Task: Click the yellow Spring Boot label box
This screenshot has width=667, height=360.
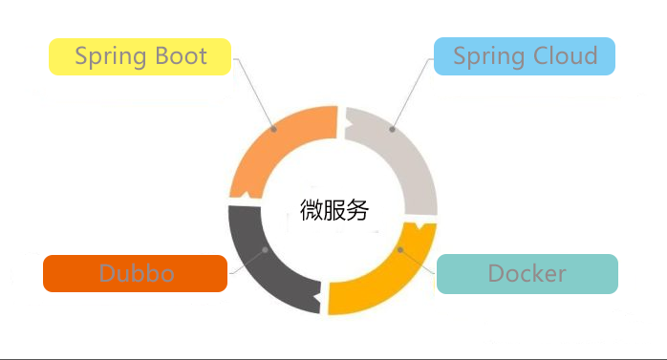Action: point(140,56)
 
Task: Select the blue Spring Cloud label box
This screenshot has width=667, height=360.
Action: point(524,56)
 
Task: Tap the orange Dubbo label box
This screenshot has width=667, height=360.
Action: point(135,274)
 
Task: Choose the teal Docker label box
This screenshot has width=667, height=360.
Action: point(527,274)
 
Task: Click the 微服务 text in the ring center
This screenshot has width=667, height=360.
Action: point(333,210)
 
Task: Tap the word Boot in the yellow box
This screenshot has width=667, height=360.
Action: point(182,56)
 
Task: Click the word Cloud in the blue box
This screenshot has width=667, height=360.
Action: point(564,56)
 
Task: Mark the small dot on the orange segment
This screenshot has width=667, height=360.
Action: point(274,128)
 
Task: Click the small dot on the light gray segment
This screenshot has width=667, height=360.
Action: point(392,128)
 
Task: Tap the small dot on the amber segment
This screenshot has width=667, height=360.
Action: point(401,249)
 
